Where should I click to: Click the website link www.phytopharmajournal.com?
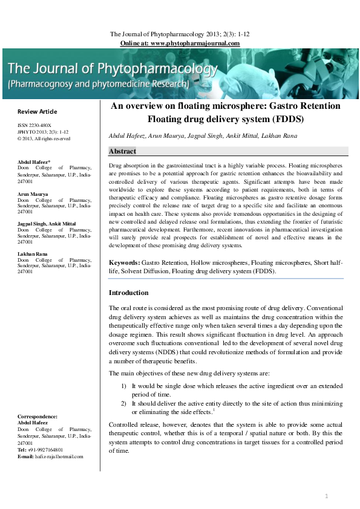195,44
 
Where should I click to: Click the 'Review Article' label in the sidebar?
38,112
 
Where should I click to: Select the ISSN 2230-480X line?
34,126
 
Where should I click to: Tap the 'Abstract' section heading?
122,151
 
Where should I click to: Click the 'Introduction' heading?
128,293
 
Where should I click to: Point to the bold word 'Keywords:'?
124,264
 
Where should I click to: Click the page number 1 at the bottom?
326,496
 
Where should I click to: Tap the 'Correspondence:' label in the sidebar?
38,417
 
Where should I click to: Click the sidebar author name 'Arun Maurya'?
33,194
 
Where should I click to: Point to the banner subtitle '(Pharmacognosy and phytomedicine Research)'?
111,84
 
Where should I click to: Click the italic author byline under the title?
203,136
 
